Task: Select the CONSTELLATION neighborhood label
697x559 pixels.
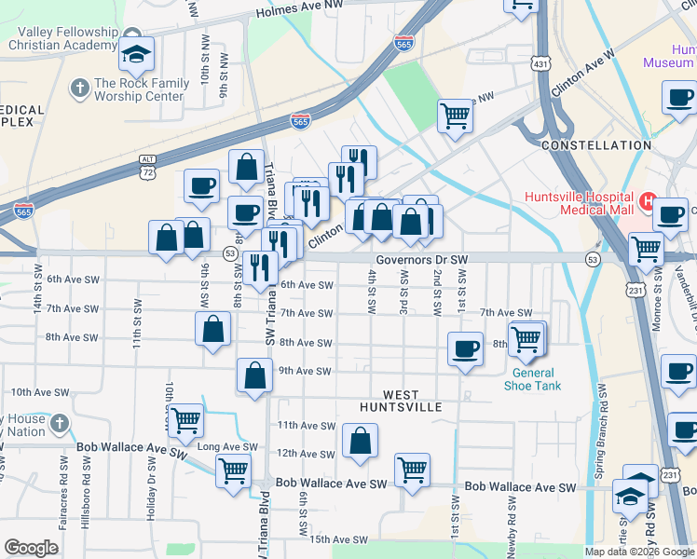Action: [x=595, y=145]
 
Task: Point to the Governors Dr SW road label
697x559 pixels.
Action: [x=420, y=260]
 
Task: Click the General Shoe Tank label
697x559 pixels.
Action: [x=533, y=380]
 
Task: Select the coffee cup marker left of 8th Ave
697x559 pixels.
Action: [x=465, y=349]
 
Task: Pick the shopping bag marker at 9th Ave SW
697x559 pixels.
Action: [x=254, y=376]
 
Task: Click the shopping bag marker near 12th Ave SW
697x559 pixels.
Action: [x=360, y=442]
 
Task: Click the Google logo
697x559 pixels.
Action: [x=31, y=548]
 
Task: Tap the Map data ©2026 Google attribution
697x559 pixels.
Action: [x=639, y=552]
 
